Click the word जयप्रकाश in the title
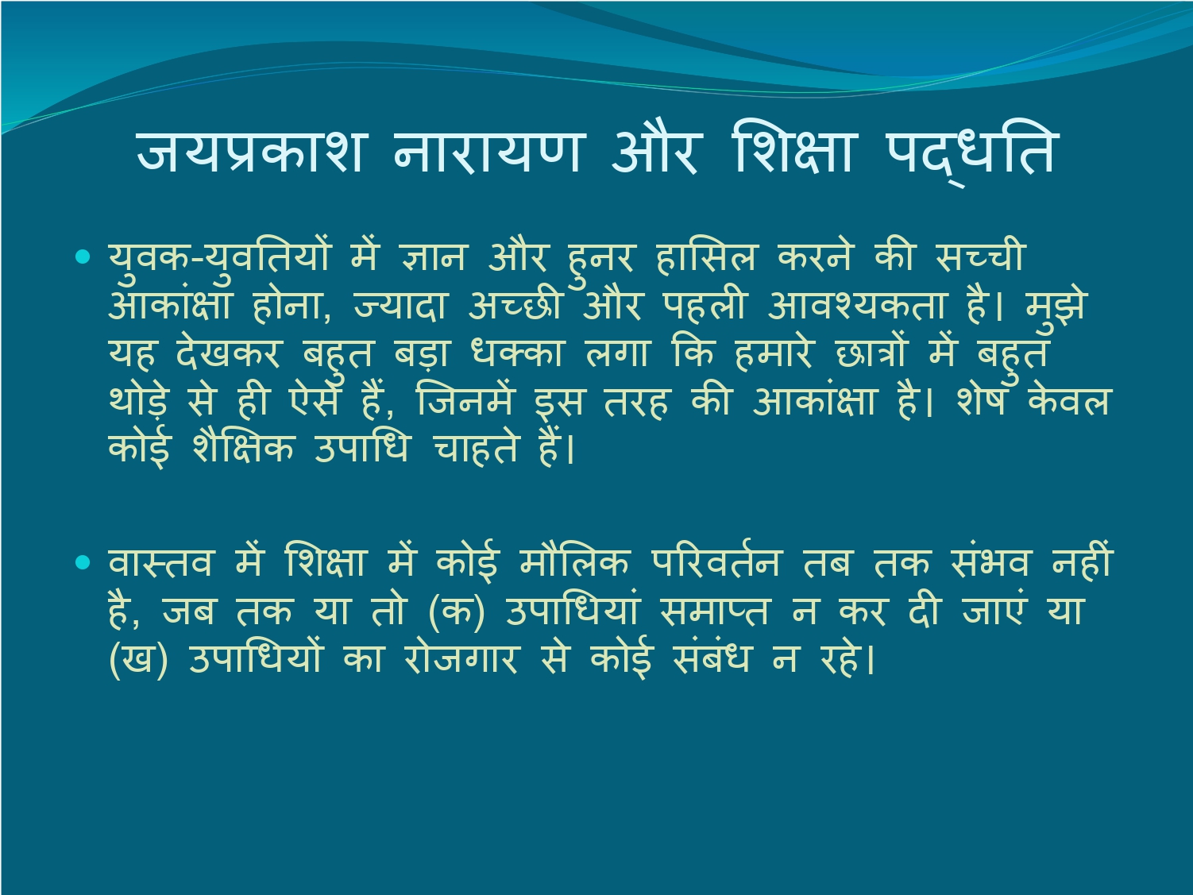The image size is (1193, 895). [x=249, y=153]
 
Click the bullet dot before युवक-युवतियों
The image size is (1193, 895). [x=83, y=257]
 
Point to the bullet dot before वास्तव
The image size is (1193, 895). [x=83, y=562]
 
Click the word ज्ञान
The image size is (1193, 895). [x=433, y=257]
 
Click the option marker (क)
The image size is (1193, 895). [x=456, y=611]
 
